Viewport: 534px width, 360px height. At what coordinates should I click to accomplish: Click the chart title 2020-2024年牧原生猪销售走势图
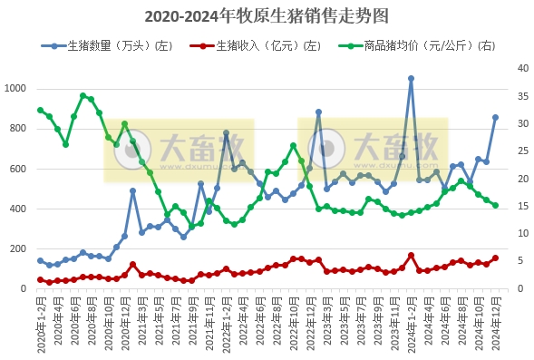pos(267,16)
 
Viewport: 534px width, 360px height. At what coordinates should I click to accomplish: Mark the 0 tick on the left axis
pos(26,289)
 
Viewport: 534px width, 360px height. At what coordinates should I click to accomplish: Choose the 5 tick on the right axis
pos(514,261)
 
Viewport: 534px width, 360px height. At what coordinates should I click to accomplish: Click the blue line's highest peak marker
pos(411,79)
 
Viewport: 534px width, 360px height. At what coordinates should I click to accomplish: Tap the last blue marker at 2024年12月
pos(495,117)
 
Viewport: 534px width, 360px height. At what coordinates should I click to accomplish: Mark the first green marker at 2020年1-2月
pos(40,111)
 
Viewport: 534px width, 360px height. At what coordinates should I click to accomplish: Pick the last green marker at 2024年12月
pos(495,205)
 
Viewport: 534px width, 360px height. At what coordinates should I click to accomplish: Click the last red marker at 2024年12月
pos(495,258)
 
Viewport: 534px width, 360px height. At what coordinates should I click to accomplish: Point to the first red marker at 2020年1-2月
pos(40,279)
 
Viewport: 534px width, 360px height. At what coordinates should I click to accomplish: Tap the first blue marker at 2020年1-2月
pos(40,260)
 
